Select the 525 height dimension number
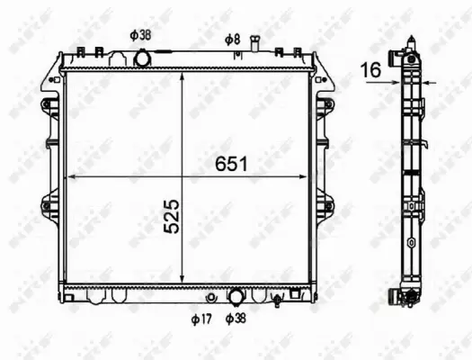pos(171,217)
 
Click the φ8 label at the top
pos(232,39)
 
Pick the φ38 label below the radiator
pos(236,319)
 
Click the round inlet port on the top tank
pos(142,59)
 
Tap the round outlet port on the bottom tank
pos(236,295)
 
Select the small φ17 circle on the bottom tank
pos(211,296)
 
